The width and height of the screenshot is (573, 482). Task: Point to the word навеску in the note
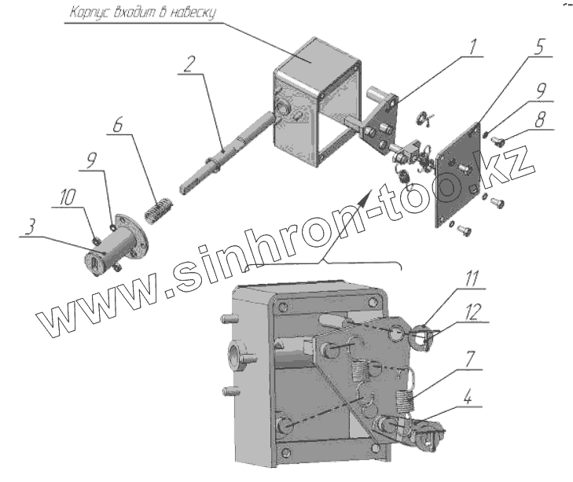point(189,13)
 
